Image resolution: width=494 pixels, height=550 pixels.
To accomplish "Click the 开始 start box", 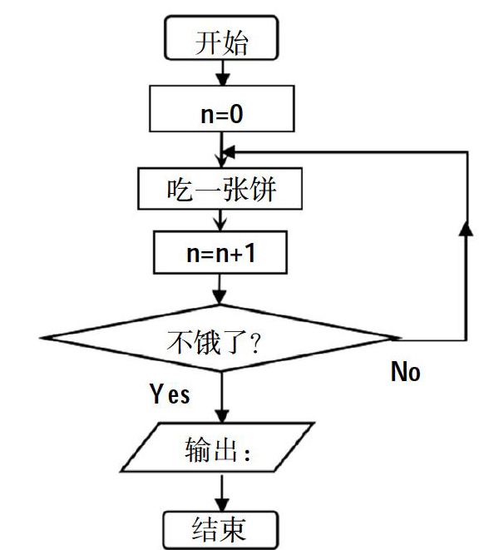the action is click(x=221, y=37).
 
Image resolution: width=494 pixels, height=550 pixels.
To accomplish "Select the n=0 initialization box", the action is click(x=221, y=109).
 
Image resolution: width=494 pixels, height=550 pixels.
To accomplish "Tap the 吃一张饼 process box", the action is click(x=220, y=189).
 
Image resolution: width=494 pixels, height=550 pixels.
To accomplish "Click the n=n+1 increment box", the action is click(x=220, y=252).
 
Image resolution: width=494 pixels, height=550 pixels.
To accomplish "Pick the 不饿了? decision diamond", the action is click(x=221, y=338).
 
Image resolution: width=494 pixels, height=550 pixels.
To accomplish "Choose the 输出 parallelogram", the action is click(x=217, y=447).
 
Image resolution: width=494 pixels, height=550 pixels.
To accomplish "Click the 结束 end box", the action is click(x=221, y=530).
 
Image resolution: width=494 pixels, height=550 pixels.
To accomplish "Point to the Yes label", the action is click(x=170, y=394).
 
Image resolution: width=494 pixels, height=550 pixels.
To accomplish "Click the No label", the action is click(x=405, y=371).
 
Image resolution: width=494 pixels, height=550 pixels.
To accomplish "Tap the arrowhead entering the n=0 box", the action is click(x=223, y=80).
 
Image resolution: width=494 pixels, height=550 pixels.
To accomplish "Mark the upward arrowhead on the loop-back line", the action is click(x=466, y=229).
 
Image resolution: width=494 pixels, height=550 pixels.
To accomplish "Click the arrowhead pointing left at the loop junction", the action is click(x=229, y=152).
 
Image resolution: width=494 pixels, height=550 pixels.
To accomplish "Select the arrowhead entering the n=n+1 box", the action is click(x=220, y=225).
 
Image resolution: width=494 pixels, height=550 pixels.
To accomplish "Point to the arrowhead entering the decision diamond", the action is click(x=220, y=298).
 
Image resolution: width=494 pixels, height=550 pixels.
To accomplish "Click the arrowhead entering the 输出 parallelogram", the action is click(x=222, y=417).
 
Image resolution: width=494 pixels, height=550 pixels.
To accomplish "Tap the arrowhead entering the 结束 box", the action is click(x=222, y=505).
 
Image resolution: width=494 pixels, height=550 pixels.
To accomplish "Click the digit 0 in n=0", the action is click(x=237, y=114).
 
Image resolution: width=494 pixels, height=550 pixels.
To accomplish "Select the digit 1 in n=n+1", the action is click(x=249, y=253).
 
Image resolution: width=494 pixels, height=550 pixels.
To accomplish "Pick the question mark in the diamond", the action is click(x=255, y=344).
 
